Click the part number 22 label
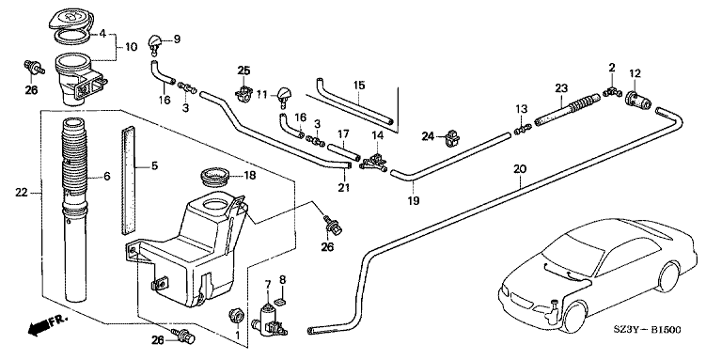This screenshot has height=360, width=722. point(22,193)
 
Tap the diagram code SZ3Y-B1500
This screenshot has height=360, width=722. point(648,330)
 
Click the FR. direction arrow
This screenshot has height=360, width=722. point(47,324)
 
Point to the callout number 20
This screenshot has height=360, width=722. point(519,169)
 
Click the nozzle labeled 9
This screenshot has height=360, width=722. point(155,45)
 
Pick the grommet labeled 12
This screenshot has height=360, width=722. point(638,101)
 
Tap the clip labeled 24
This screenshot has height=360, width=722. point(452,137)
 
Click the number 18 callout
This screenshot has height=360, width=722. point(249,176)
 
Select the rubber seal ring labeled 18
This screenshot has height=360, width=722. point(215,178)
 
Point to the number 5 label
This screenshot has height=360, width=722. point(154,165)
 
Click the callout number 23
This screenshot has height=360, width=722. point(561,87)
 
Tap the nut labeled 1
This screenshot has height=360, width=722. point(236,316)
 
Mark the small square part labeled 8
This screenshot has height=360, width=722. point(280,302)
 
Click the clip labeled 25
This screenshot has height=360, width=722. point(243,93)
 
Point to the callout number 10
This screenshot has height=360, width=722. point(132,46)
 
